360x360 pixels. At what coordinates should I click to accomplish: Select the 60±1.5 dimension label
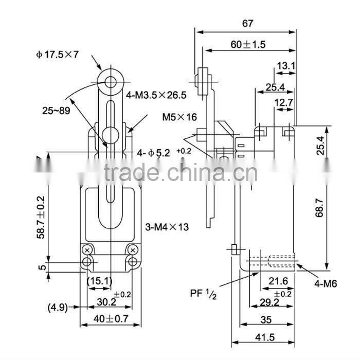click(x=247, y=45)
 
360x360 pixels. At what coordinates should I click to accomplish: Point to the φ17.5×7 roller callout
click(x=57, y=54)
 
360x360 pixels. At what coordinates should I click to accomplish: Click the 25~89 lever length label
click(x=56, y=110)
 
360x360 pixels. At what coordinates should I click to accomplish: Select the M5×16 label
click(x=179, y=117)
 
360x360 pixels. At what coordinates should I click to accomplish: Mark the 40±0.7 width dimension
click(x=110, y=319)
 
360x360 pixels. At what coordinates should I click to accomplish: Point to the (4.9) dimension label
click(x=58, y=308)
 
